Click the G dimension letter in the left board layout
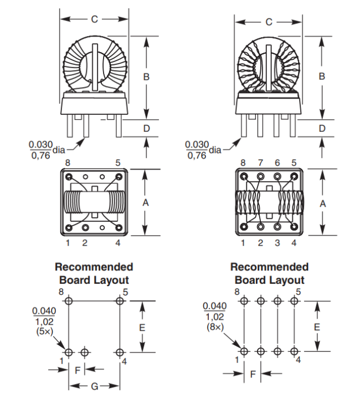click(94, 386)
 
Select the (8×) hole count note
click(214, 327)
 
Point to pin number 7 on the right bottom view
click(260, 163)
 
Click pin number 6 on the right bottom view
click(277, 163)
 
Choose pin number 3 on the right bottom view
click(277, 243)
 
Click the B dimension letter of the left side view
click(146, 77)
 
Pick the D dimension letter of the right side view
click(322, 128)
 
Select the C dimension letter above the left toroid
click(94, 19)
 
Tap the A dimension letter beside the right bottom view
click(322, 203)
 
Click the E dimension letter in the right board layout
click(317, 327)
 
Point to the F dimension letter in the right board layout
click(253, 374)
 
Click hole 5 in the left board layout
click(120, 301)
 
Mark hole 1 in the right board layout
click(244, 351)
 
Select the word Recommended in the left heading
click(94, 267)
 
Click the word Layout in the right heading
click(286, 280)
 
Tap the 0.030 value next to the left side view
click(40, 145)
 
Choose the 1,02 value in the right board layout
click(214, 317)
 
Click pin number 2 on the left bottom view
click(85, 243)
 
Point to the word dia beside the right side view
click(215, 150)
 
